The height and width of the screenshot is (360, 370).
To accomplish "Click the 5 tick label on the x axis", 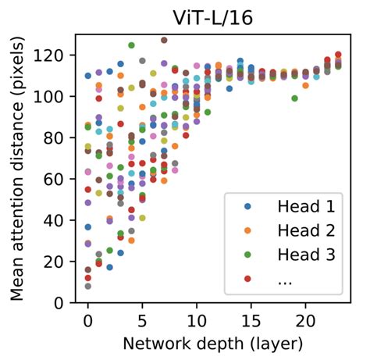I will coord(142,320).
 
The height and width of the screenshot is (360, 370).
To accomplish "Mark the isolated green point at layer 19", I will coord(294,98).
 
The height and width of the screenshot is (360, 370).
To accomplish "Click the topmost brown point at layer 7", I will coord(164,40).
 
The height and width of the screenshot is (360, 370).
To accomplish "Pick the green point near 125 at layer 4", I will coord(131,45).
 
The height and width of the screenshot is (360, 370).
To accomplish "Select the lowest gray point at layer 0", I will coord(88,286).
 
